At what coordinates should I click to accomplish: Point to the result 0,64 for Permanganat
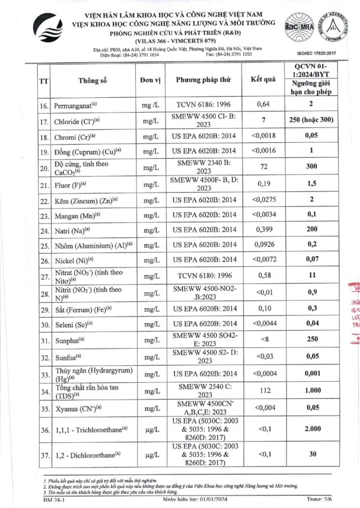[x=263, y=105]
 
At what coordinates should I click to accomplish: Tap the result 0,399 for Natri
[x=263, y=229]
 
